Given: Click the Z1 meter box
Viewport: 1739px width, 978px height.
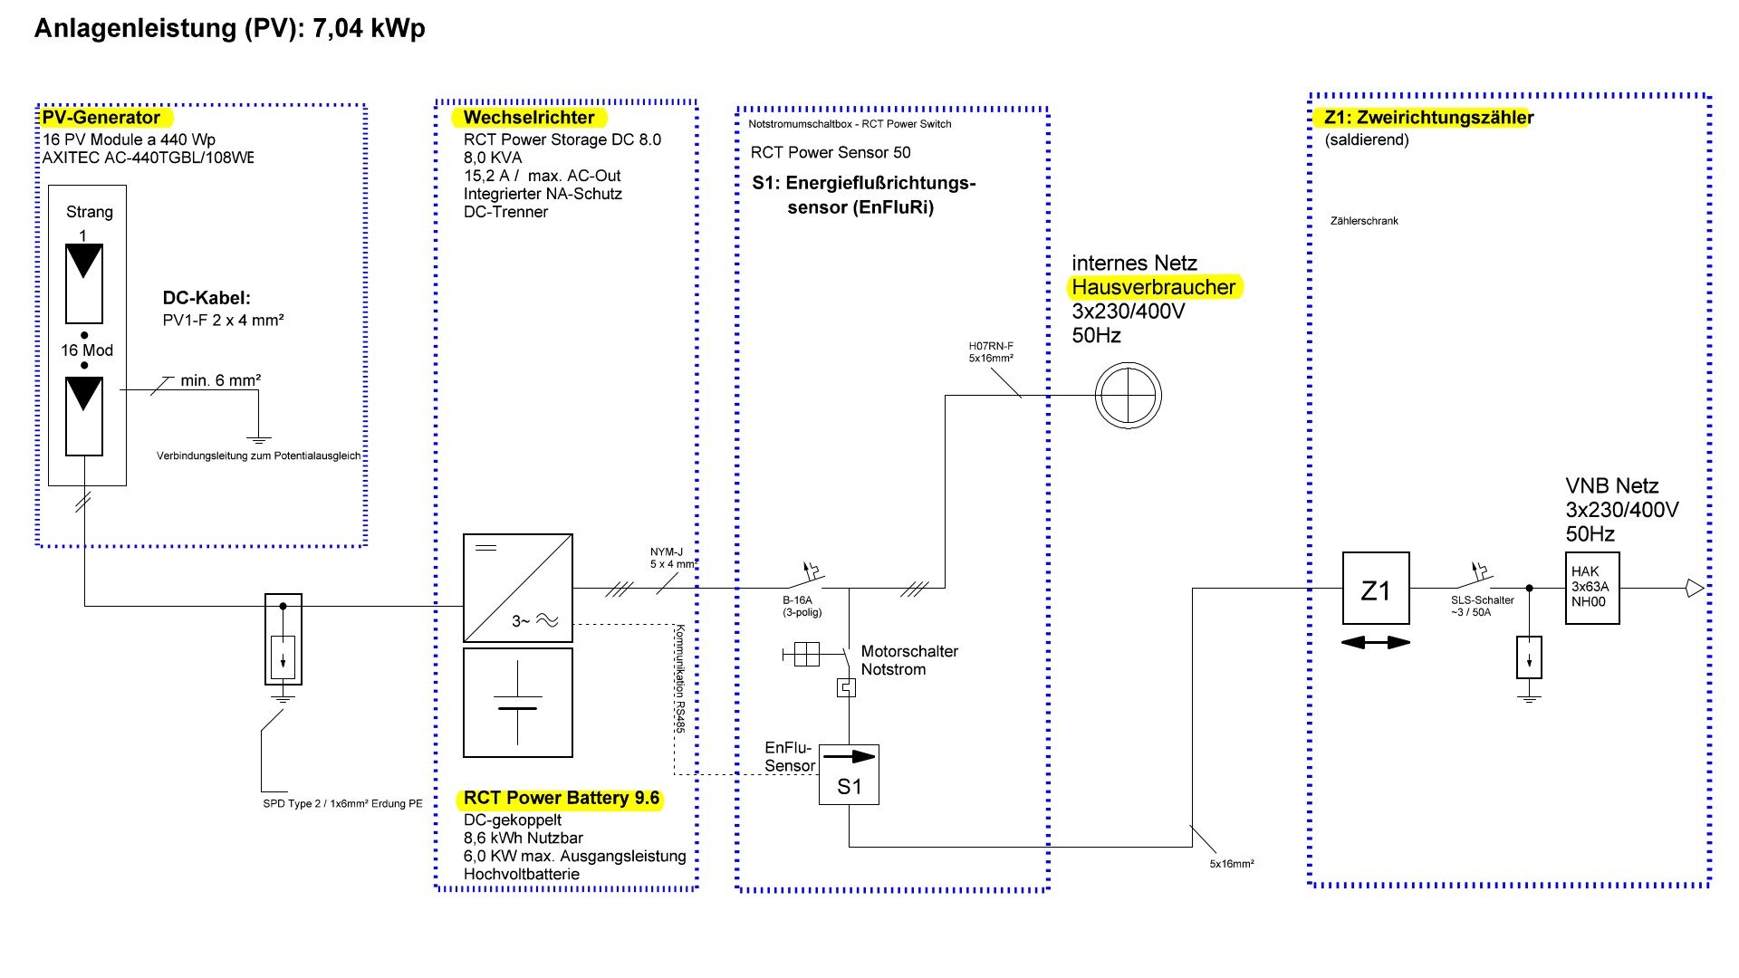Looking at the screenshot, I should (1375, 589).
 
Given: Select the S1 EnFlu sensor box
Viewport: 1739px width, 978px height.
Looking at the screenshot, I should (849, 775).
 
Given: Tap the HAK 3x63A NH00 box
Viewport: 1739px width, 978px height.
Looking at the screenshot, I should (1592, 588).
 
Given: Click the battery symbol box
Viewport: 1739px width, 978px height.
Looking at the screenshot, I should (517, 703).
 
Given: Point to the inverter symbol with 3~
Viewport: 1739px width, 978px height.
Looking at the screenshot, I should (517, 588).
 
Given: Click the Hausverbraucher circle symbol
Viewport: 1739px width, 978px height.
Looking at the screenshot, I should (1128, 396).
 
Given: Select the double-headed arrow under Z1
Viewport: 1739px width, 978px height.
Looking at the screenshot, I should (1375, 642).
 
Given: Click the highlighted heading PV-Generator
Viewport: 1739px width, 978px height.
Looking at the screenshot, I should (101, 118).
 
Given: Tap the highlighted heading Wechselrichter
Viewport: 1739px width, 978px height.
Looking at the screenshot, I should (529, 118).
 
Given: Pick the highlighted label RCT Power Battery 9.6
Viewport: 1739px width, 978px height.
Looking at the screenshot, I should (561, 799).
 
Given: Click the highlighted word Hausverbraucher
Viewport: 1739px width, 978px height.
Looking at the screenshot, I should (1153, 288).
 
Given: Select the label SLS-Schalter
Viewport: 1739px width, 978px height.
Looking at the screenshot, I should (1482, 600).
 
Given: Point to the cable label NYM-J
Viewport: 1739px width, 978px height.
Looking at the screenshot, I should (667, 552).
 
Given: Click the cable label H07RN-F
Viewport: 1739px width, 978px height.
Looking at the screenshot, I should (991, 346).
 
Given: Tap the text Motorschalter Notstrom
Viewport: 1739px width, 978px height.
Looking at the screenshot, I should (908, 660).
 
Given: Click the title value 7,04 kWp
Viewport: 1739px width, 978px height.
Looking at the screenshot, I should (369, 29).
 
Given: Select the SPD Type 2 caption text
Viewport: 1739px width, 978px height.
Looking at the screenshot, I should (342, 804).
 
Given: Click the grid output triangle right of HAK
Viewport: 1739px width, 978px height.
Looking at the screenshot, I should (1694, 589).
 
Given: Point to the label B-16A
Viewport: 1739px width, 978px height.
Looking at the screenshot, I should (798, 600).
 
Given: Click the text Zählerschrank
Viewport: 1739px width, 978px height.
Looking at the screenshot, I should (1364, 221).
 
